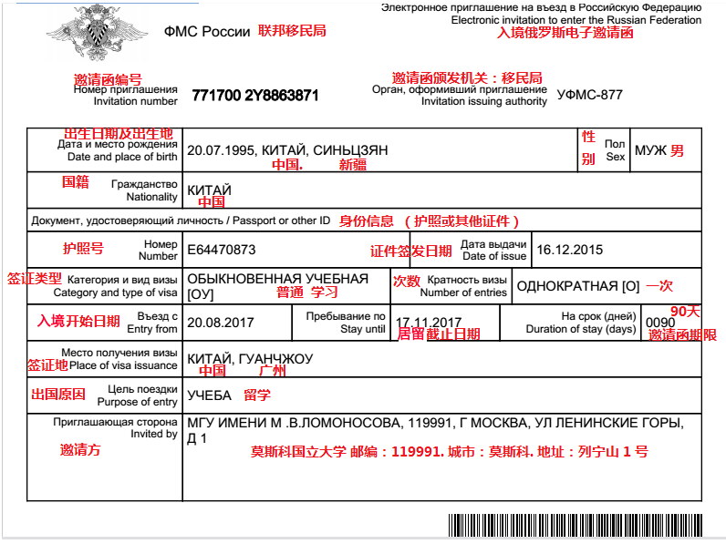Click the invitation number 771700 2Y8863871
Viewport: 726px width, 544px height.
(255, 95)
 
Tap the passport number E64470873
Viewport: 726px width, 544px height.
(221, 249)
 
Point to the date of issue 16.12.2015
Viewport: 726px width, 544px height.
(570, 249)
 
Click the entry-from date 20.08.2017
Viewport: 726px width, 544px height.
(221, 322)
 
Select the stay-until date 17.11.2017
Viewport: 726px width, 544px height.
(429, 323)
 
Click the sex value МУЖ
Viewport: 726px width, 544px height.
(650, 149)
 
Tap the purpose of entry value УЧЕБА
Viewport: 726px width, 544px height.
(210, 395)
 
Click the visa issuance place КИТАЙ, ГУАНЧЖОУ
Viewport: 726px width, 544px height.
(249, 359)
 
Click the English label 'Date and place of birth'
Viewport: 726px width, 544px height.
(122, 157)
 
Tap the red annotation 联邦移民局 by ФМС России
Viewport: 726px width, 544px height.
(292, 30)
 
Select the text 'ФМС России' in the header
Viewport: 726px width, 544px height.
(206, 31)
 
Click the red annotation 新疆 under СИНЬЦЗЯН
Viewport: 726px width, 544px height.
(353, 166)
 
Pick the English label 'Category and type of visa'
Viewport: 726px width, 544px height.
(115, 293)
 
